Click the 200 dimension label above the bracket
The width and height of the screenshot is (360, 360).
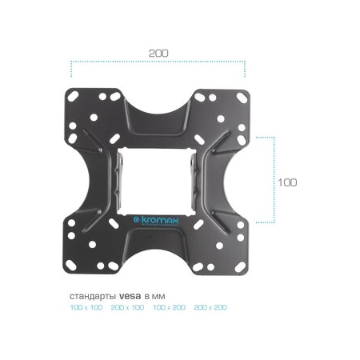tap(158, 54)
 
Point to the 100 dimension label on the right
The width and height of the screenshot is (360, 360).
tap(287, 182)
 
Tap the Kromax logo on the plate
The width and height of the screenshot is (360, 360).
tap(156, 221)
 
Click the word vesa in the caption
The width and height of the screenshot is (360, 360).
tap(130, 296)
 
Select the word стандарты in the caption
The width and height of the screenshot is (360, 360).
tap(93, 297)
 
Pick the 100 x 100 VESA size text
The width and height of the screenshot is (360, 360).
tap(86, 307)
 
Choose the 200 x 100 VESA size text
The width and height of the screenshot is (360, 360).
tap(127, 307)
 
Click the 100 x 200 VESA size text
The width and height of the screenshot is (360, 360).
tap(170, 307)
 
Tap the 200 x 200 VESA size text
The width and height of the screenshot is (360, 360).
tap(210, 307)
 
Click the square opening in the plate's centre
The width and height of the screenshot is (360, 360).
tap(157, 182)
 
